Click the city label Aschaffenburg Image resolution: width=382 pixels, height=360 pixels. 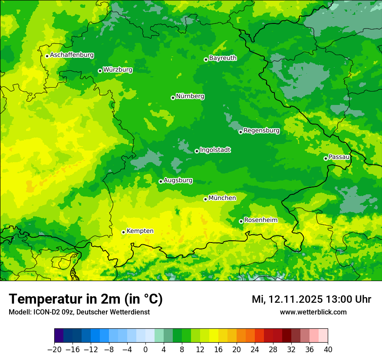click(x=72, y=55)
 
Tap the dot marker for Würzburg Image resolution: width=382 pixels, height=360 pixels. click(x=100, y=71)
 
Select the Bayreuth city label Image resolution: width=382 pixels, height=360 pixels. click(x=223, y=58)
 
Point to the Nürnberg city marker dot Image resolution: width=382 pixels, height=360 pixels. click(x=173, y=98)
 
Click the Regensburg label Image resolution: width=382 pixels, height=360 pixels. click(x=261, y=130)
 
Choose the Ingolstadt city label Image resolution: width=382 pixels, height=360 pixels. click(x=215, y=150)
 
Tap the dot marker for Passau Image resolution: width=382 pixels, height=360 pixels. click(x=326, y=158)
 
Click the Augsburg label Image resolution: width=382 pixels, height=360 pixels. click(x=178, y=180)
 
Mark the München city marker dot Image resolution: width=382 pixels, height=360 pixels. click(x=206, y=199)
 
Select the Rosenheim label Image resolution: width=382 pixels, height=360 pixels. click(x=260, y=220)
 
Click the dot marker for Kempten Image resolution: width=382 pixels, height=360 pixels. click(x=123, y=232)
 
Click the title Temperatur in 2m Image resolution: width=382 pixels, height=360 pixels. click(x=86, y=299)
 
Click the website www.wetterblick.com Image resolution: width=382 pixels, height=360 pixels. click(x=313, y=312)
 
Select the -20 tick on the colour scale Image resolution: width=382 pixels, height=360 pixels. click(x=54, y=350)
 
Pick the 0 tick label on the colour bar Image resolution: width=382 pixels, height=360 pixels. click(x=145, y=350)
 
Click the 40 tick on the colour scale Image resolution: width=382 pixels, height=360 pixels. click(x=328, y=350)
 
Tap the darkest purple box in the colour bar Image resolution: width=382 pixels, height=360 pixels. click(x=59, y=336)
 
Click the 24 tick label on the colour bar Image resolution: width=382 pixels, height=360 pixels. click(x=255, y=350)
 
